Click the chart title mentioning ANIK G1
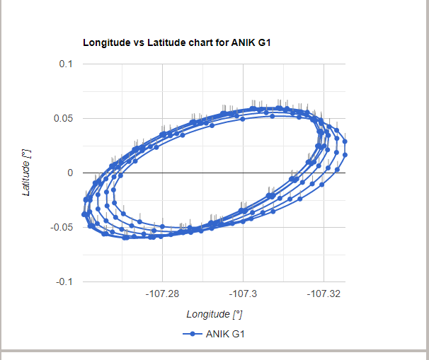[177, 42]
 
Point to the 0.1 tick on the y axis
[66, 64]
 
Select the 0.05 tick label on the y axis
[64, 118]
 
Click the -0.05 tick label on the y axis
[62, 227]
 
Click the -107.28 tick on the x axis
[163, 292]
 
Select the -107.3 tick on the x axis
[244, 292]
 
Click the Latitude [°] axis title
[26, 173]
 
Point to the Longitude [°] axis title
[214, 314]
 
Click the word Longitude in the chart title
[105, 42]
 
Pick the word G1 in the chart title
[263, 42]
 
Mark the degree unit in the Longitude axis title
[238, 314]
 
